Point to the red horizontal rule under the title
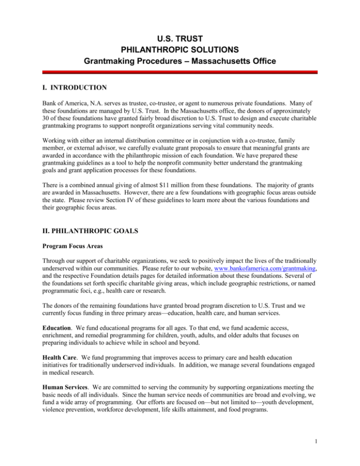click(180, 73)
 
